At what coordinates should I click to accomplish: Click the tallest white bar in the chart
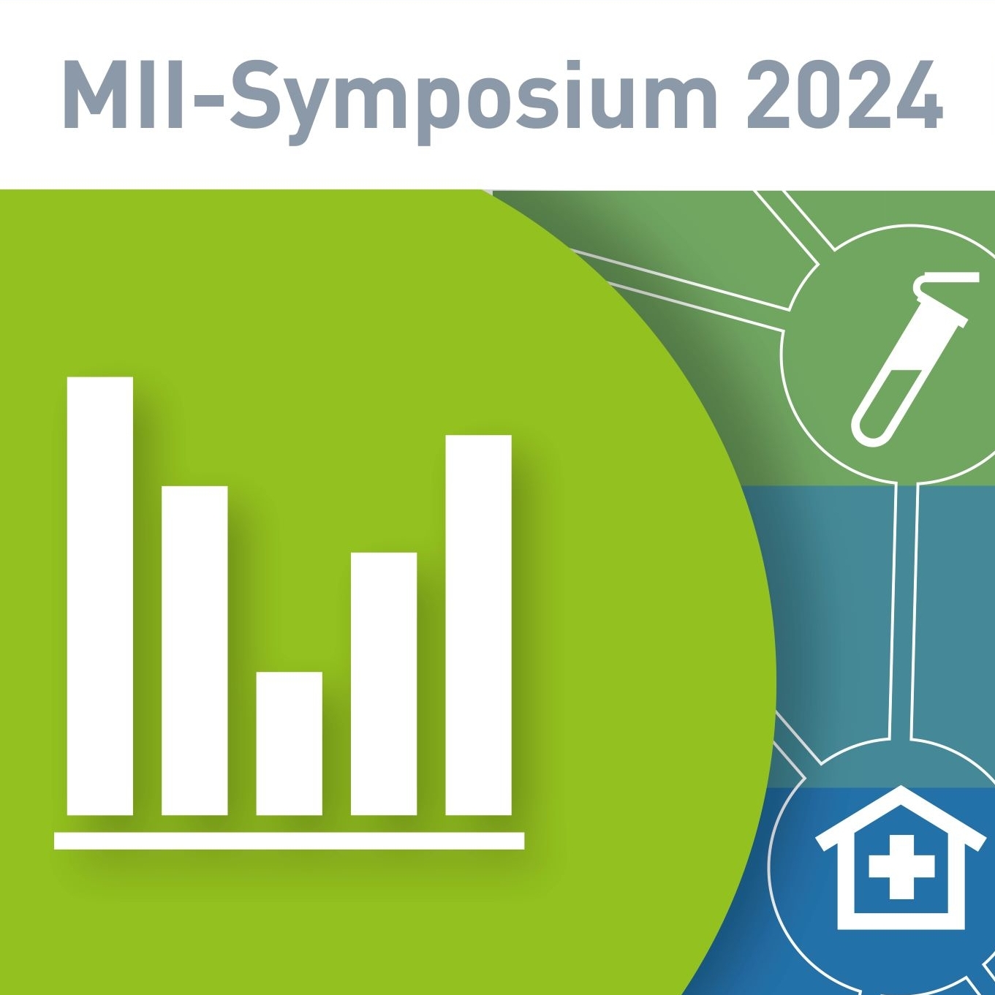99,596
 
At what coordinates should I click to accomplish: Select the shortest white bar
290,744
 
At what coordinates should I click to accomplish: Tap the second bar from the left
194,651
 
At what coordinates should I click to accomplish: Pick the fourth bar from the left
384,684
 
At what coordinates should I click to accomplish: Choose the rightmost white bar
479,625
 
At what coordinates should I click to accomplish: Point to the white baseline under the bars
290,841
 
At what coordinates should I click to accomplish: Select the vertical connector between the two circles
903,612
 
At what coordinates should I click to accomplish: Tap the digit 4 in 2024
917,95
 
